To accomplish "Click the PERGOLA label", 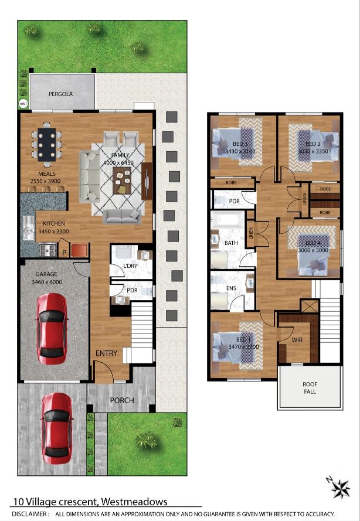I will click(60, 94).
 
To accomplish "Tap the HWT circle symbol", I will click(23, 104).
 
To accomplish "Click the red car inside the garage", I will click(52, 329).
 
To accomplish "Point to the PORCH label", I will click(122, 401).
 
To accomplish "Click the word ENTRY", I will click(107, 353).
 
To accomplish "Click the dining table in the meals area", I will click(46, 144).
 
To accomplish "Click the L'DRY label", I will click(130, 267).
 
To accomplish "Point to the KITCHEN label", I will click(54, 224).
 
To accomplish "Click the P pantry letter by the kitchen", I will click(64, 253).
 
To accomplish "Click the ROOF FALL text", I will click(310, 388).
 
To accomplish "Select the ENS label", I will click(231, 288).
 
